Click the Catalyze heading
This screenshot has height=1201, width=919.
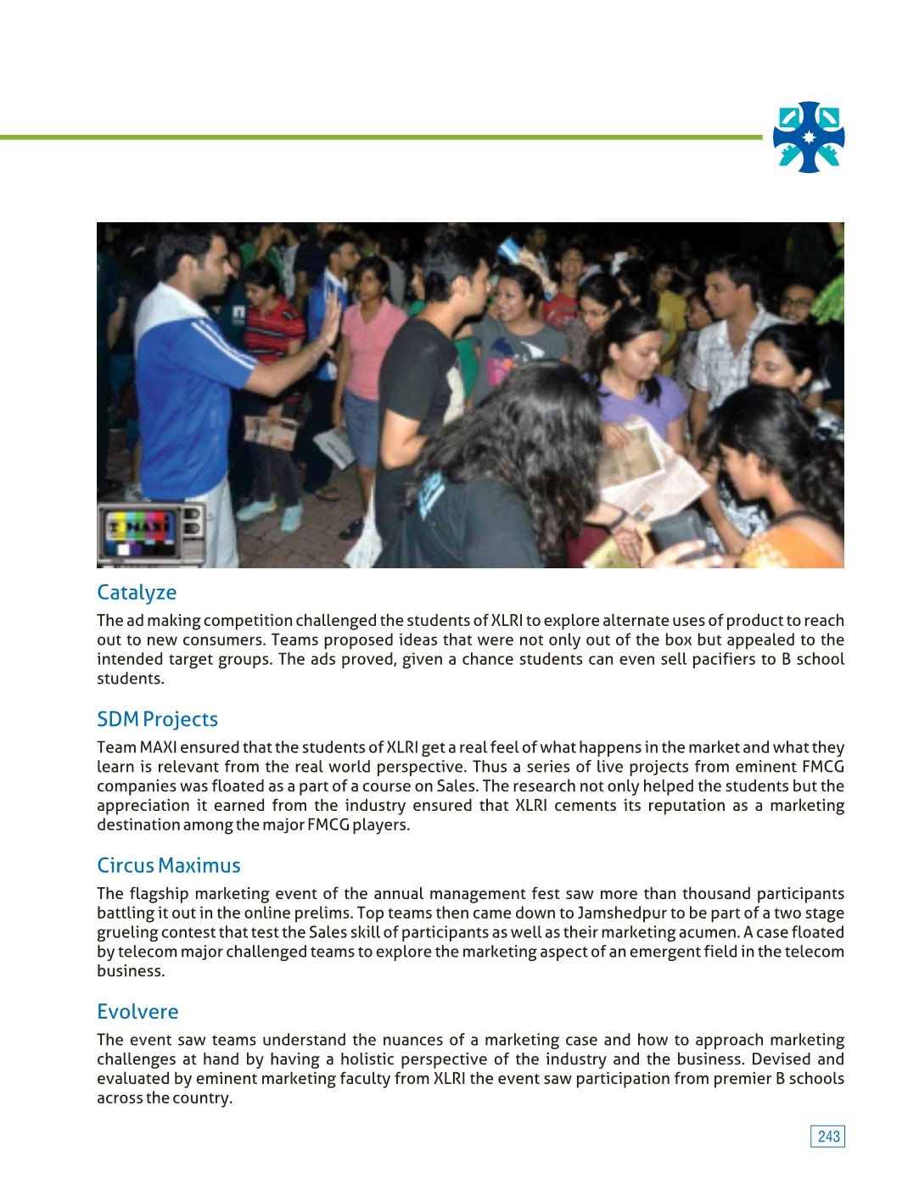coord(137,592)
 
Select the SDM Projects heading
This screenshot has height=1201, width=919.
coord(157,719)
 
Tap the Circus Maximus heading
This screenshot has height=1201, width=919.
coord(168,865)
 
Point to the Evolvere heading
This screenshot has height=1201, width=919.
coord(137,1012)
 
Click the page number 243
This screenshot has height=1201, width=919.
coord(827,1137)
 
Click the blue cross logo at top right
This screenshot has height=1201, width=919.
coord(809,137)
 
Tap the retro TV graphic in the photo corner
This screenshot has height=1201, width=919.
coord(150,533)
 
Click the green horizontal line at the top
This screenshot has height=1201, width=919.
coord(382,137)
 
